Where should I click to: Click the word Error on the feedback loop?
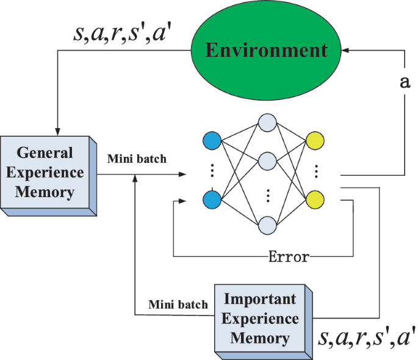[289, 256]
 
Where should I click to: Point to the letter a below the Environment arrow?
[403, 83]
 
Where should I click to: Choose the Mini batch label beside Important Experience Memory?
[179, 304]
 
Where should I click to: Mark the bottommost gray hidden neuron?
[267, 225]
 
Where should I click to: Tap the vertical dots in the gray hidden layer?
[267, 195]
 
